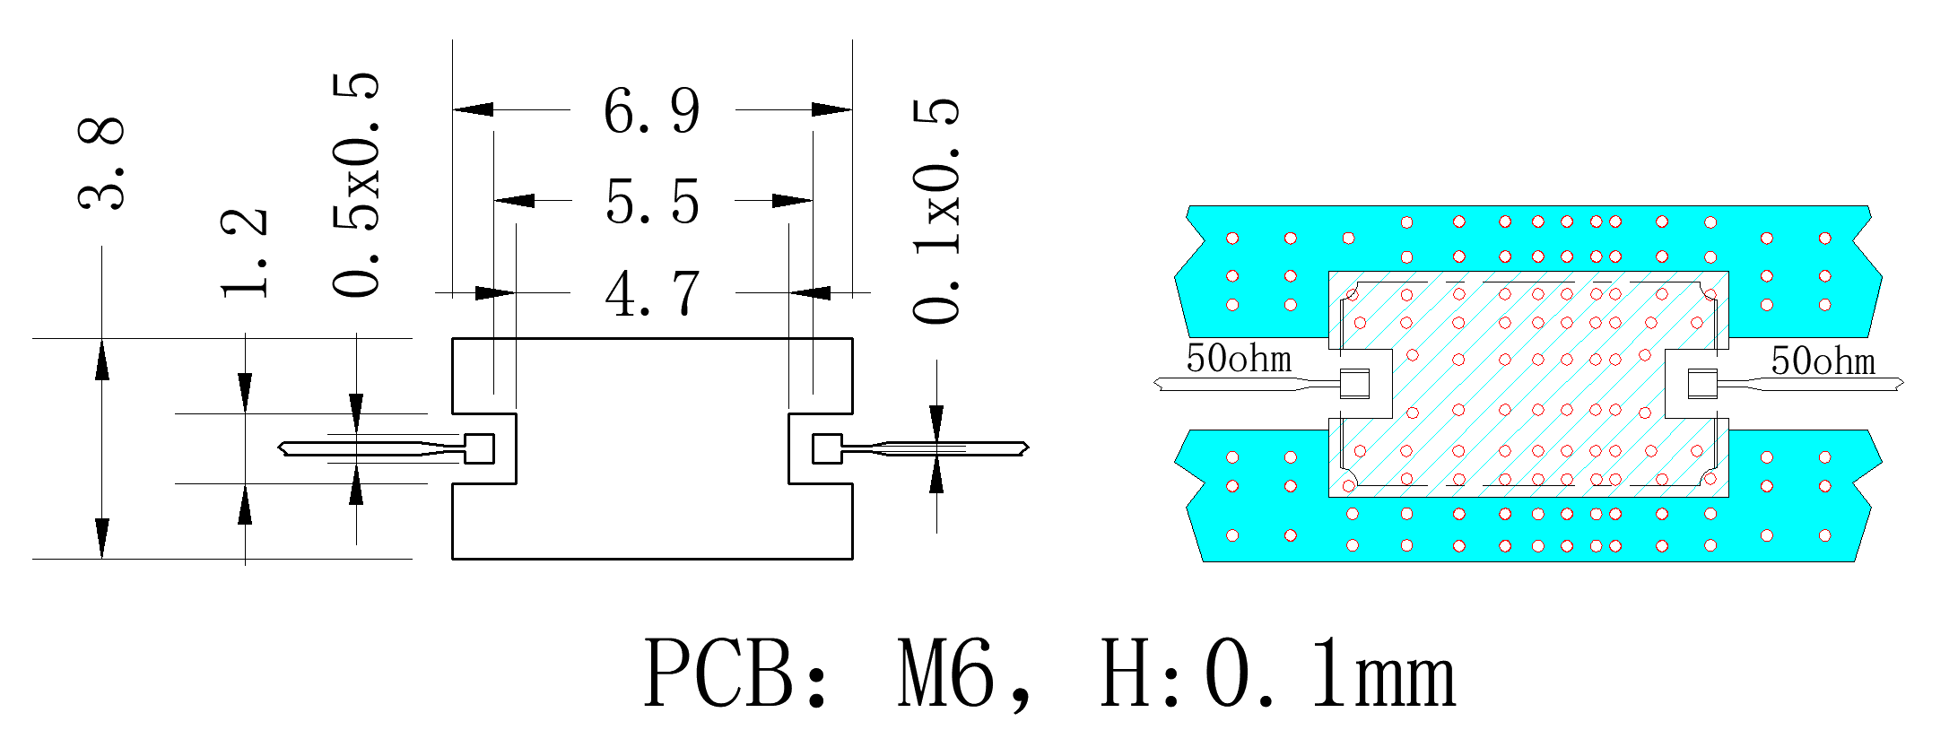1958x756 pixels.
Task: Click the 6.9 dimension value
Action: click(x=651, y=111)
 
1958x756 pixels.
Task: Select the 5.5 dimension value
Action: click(x=652, y=202)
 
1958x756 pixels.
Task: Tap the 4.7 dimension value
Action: click(x=652, y=294)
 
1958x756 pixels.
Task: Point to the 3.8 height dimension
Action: click(x=100, y=163)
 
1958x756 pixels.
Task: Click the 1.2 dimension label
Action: click(x=244, y=253)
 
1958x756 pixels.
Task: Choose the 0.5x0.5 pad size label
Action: click(x=356, y=185)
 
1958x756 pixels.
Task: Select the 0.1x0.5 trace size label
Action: click(x=936, y=211)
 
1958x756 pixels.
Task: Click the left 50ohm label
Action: click(x=1239, y=359)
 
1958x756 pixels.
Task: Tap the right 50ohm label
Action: click(x=1823, y=361)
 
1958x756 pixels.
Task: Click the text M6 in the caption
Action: click(x=946, y=673)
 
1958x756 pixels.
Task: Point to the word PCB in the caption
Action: click(x=718, y=673)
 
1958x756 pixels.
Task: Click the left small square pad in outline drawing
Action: click(x=479, y=448)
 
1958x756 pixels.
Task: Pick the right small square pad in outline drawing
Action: click(x=827, y=448)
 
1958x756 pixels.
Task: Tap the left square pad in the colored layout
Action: click(x=1354, y=384)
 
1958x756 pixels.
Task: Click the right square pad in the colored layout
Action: click(x=1702, y=384)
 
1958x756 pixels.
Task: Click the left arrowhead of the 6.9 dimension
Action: click(x=473, y=109)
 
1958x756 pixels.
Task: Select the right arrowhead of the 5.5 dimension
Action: click(x=792, y=200)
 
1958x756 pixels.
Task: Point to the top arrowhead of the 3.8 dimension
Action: click(x=102, y=359)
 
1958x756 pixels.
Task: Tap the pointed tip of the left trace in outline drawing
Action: click(x=280, y=448)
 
